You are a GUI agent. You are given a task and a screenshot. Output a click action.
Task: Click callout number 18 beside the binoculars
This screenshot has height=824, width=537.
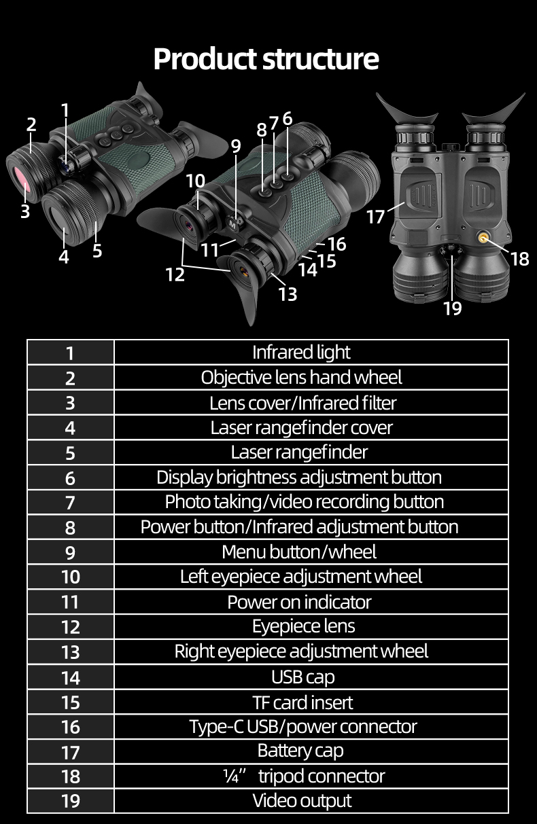[x=519, y=259]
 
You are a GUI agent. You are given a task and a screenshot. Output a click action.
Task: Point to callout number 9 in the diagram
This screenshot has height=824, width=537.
[x=236, y=146]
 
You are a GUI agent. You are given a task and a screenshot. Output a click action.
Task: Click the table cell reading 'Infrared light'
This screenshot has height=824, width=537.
[x=301, y=353]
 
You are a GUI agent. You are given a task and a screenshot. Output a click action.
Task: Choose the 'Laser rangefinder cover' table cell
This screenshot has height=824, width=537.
[x=301, y=427]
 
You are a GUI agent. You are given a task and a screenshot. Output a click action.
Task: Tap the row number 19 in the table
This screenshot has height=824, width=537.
[x=70, y=801]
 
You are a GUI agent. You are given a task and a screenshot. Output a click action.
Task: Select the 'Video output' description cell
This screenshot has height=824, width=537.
[x=301, y=801]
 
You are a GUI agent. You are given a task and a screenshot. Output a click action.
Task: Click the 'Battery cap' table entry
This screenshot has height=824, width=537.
[x=301, y=751]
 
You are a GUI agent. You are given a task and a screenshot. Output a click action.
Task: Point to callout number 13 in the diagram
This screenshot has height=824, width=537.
[x=288, y=293]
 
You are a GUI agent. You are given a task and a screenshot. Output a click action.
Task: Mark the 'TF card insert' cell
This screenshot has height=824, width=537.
[x=301, y=702]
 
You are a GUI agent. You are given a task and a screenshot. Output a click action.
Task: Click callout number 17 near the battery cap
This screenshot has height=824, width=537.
[x=376, y=217]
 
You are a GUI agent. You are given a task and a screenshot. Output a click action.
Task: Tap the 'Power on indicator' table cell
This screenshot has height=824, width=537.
[x=301, y=602]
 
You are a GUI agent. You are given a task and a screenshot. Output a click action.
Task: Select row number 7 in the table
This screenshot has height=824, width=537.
[x=70, y=502]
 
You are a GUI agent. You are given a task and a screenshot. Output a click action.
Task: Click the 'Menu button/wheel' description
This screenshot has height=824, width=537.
[x=301, y=552]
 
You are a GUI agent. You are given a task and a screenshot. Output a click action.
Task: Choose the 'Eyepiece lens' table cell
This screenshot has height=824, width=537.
[x=301, y=626]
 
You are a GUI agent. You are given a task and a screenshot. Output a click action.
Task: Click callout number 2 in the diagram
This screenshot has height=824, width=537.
[x=31, y=124]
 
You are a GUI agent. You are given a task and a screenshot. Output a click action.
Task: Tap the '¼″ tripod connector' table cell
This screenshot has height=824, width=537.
[x=301, y=776]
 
